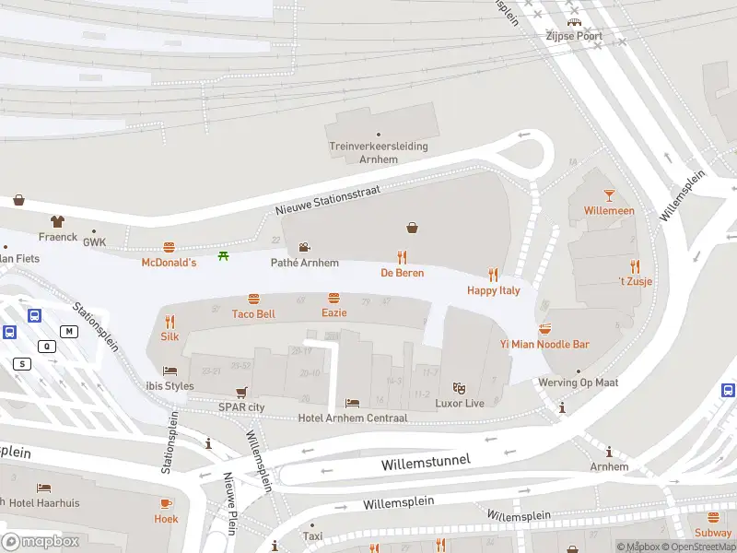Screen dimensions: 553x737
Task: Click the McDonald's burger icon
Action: coord(169,248)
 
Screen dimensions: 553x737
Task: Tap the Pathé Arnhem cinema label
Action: coord(304,263)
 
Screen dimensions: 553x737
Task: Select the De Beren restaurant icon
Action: coord(402,258)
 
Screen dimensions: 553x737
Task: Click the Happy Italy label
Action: coord(494,290)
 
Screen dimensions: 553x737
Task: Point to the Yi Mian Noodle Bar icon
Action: coord(544,329)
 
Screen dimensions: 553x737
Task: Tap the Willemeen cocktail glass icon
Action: coord(609,194)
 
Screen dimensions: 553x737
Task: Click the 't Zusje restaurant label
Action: coord(634,282)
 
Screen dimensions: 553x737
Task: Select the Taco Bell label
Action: coord(253,314)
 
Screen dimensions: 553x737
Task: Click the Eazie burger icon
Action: coord(333,299)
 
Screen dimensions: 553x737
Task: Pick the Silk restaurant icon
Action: coord(170,322)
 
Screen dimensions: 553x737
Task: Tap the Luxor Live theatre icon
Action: coord(459,388)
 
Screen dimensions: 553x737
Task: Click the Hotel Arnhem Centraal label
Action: coord(353,418)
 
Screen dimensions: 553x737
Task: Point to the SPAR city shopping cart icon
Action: coord(241,392)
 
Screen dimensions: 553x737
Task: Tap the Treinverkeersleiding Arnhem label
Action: coord(378,152)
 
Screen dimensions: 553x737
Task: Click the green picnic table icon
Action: coord(223,255)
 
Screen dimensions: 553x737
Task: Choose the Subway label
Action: coord(713,533)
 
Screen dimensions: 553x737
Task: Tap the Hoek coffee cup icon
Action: coord(166,503)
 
